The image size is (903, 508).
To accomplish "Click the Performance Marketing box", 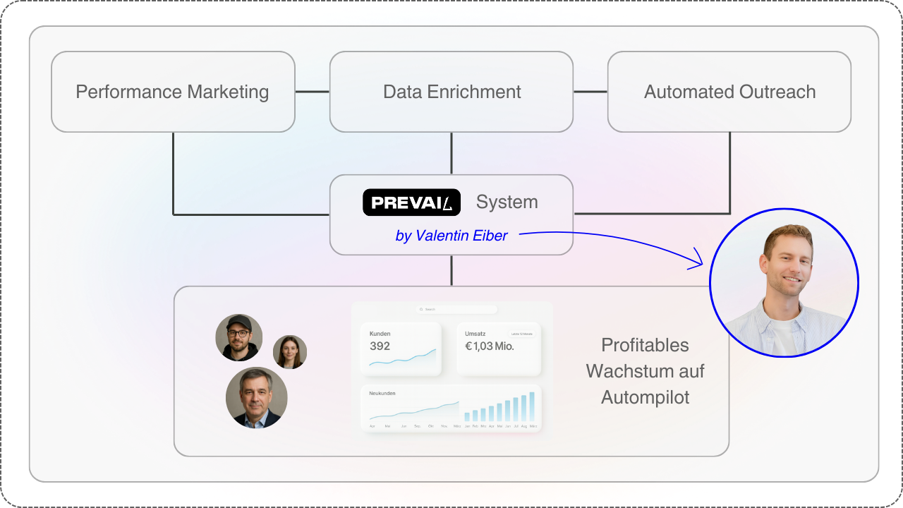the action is click(173, 92).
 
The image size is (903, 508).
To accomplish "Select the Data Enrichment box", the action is click(451, 92).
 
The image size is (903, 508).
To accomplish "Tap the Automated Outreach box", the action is click(729, 92).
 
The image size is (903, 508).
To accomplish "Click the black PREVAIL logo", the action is click(411, 202).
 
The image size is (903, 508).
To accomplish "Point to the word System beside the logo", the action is click(507, 202).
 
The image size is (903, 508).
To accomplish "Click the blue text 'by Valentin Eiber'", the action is click(451, 236).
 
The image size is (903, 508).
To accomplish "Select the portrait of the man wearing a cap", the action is click(238, 337).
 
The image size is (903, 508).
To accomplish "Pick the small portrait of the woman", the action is click(289, 351).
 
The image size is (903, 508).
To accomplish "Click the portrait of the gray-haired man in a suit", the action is click(256, 397).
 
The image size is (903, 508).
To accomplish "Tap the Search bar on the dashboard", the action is click(456, 309).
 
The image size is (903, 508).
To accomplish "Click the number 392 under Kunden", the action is click(380, 346).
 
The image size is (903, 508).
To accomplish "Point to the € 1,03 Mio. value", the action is click(489, 346).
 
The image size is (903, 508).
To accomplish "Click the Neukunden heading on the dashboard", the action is click(382, 393).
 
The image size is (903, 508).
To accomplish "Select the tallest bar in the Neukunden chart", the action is click(532, 406).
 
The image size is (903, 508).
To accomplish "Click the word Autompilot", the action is click(645, 397).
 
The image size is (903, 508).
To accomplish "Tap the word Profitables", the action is click(645, 345).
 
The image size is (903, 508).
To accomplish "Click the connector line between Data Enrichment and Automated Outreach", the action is click(590, 92).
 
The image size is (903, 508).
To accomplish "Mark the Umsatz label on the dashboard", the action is click(475, 334).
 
